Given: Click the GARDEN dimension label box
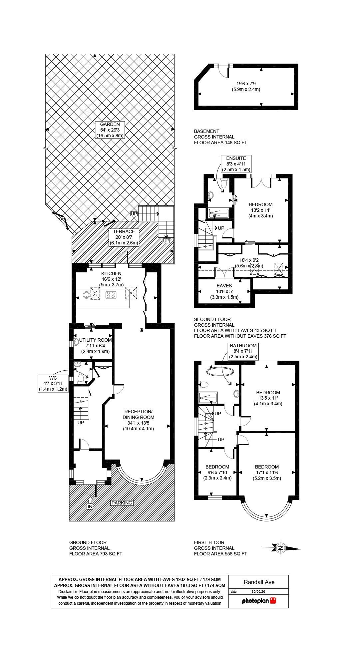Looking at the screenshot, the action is [110, 130].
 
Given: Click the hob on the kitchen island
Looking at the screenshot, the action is [111, 295].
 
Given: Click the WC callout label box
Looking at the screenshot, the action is [53, 383].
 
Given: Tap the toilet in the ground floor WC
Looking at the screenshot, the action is [80, 378].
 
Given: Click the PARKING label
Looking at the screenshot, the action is [122, 503].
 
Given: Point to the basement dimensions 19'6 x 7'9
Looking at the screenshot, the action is [246, 87].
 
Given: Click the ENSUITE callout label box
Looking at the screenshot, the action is [236, 164].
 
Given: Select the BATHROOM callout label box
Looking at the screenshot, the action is [243, 351].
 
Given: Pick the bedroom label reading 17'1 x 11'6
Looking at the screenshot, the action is [267, 473].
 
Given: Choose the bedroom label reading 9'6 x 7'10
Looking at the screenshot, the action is [217, 473].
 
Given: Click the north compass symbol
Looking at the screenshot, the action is [281, 548].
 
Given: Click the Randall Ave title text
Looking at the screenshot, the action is [259, 582].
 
